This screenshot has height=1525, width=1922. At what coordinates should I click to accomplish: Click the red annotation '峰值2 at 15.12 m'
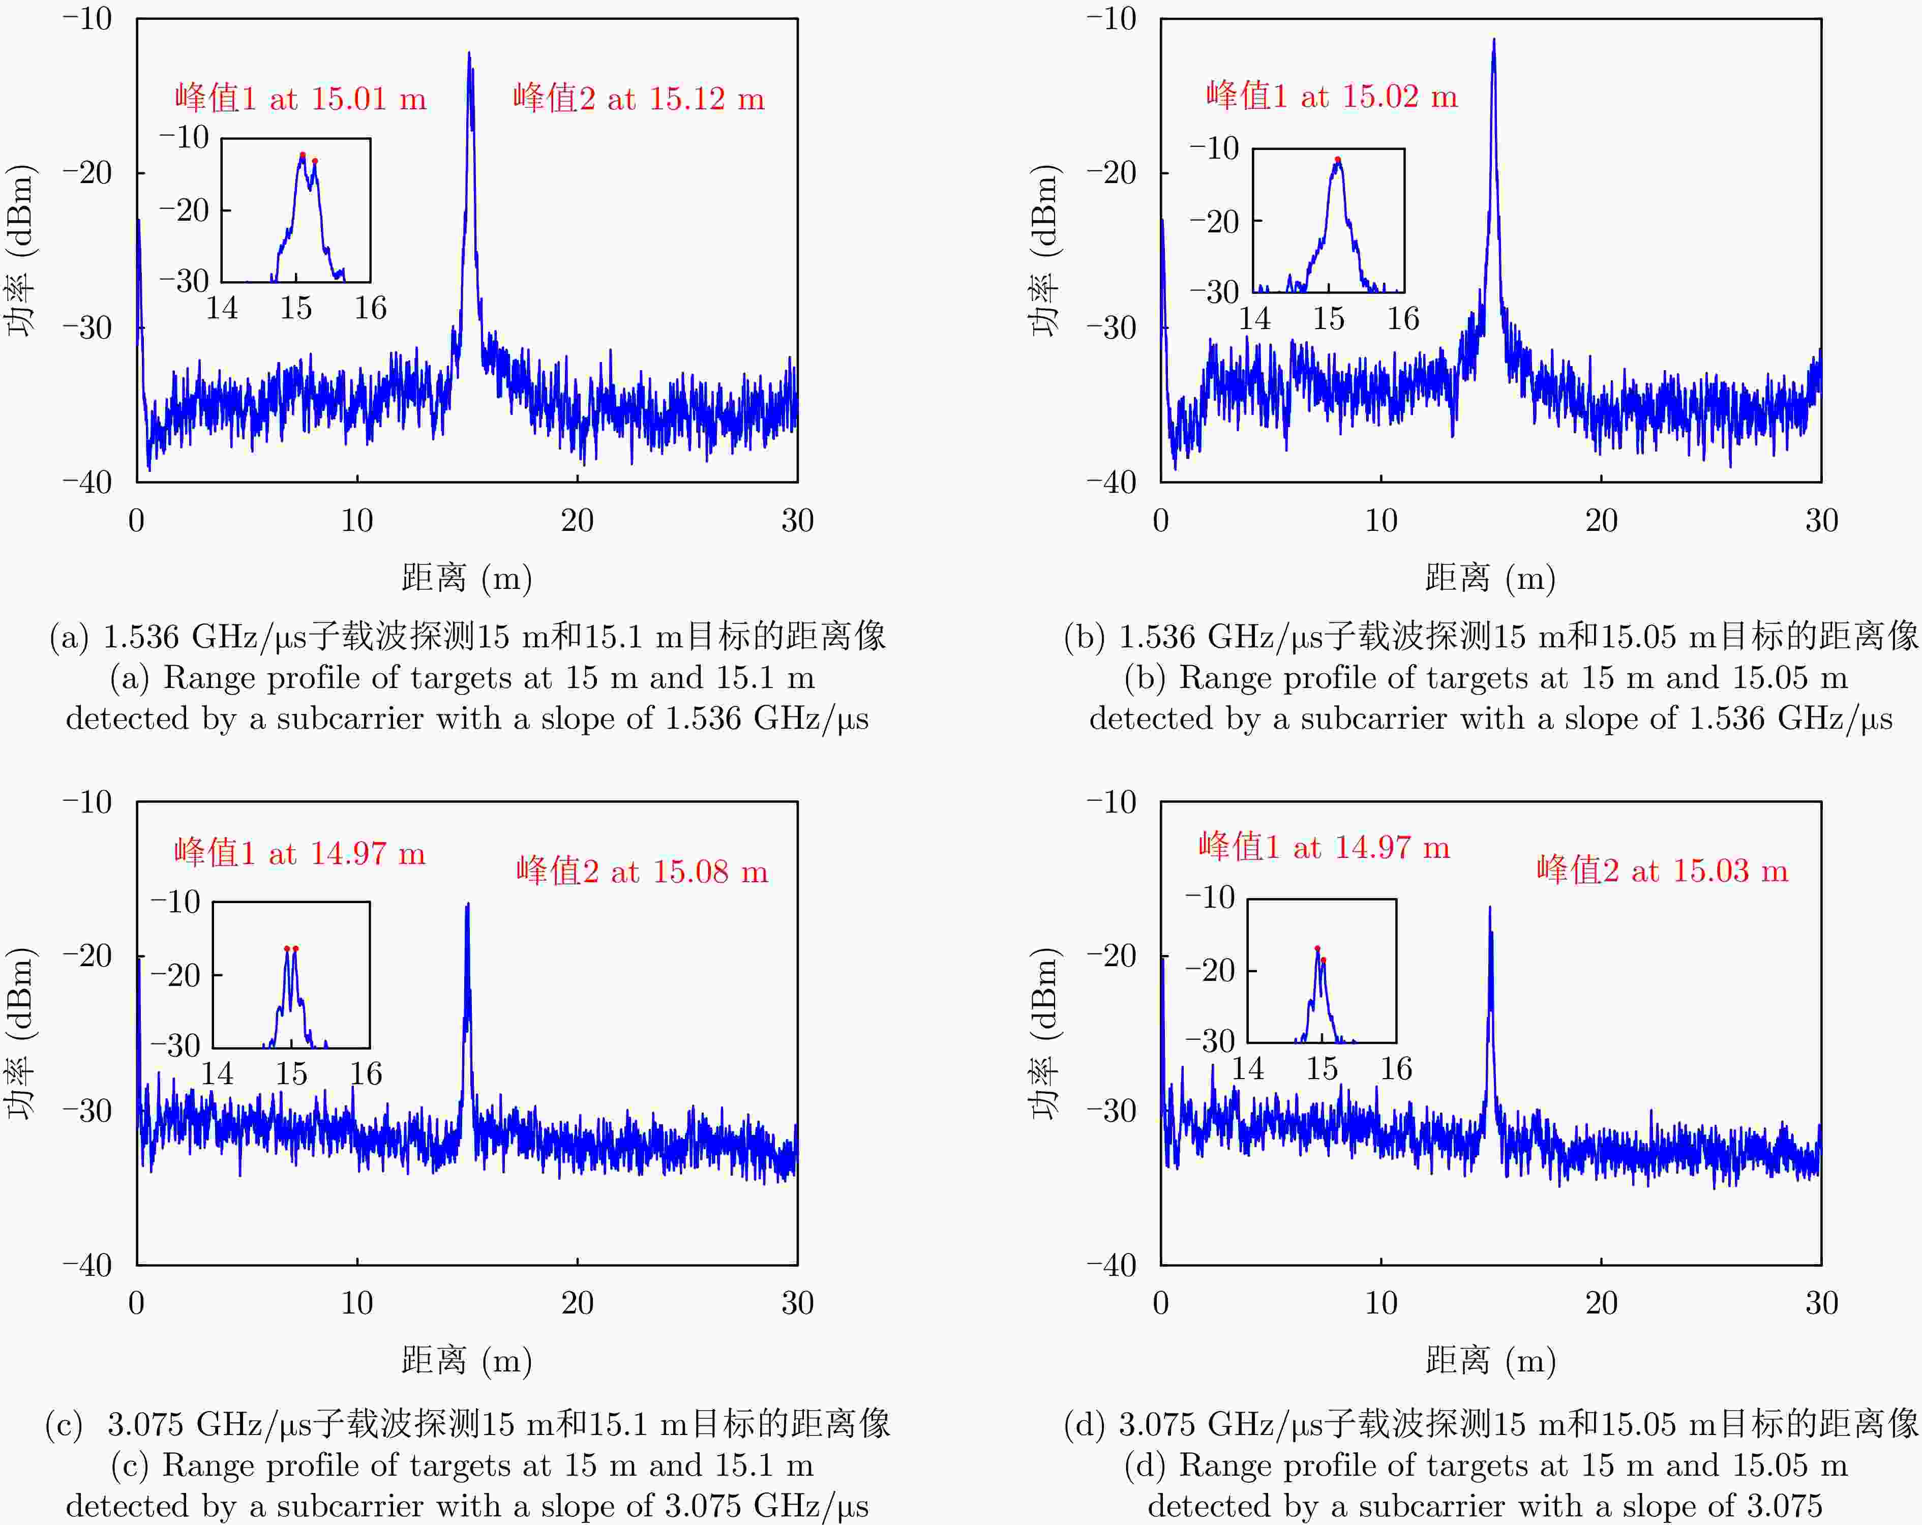638,98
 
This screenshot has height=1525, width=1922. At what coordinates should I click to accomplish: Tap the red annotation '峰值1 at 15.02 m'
1332,96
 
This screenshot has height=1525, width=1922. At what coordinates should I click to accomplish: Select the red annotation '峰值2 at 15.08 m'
642,871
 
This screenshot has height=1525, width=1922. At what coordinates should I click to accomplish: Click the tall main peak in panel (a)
469,55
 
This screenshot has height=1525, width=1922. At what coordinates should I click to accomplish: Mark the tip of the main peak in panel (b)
1494,40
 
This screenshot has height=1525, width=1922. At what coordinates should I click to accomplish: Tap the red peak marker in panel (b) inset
1337,160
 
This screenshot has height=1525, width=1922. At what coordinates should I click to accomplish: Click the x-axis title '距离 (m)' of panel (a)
466,578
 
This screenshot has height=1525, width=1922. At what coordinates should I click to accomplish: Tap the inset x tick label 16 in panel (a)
370,308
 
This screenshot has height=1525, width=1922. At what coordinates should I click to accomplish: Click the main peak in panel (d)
1490,909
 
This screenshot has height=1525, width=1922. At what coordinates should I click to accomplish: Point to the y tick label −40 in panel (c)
87,1266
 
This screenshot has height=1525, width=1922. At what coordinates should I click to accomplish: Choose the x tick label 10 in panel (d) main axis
1381,1303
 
